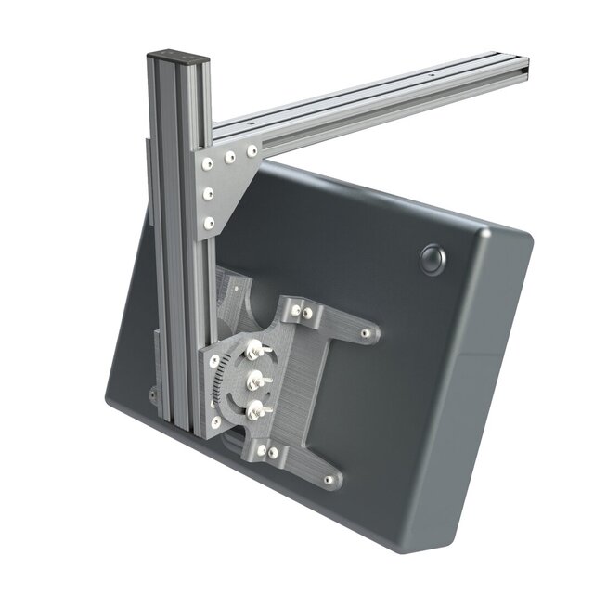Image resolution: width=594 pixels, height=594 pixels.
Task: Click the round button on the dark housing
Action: [x=433, y=258]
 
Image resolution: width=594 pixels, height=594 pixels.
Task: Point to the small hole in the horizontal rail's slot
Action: [x=432, y=71]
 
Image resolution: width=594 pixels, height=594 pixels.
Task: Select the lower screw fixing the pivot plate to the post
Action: [x=214, y=423]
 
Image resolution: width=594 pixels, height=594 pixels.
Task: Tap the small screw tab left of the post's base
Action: [x=151, y=394]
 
